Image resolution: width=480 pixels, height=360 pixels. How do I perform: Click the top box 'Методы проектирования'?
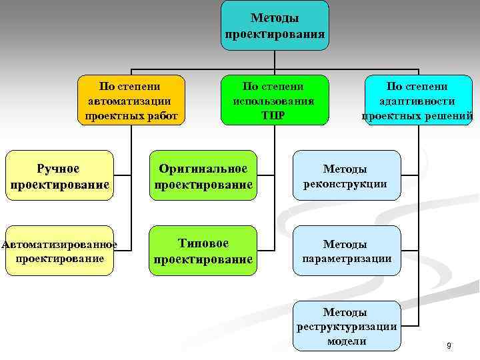coord(275,25)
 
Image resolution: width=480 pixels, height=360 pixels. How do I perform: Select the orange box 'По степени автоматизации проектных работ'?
coord(132,100)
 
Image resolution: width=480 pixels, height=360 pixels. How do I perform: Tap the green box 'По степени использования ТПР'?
coord(274,100)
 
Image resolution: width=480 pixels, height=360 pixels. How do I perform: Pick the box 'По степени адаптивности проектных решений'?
coord(418,100)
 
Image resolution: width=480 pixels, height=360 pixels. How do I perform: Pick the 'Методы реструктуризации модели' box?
coord(347,326)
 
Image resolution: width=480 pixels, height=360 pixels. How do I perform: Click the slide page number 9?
coord(449,345)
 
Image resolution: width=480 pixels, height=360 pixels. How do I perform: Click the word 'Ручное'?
coord(58,169)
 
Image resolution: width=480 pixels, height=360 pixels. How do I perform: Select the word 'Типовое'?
coord(203,243)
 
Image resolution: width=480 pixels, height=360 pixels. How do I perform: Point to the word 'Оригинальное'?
coord(203,169)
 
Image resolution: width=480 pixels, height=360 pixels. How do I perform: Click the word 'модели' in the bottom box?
coord(347,341)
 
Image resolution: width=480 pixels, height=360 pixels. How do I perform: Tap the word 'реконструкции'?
coord(345,183)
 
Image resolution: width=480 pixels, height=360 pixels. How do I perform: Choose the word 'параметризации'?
coord(347,258)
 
